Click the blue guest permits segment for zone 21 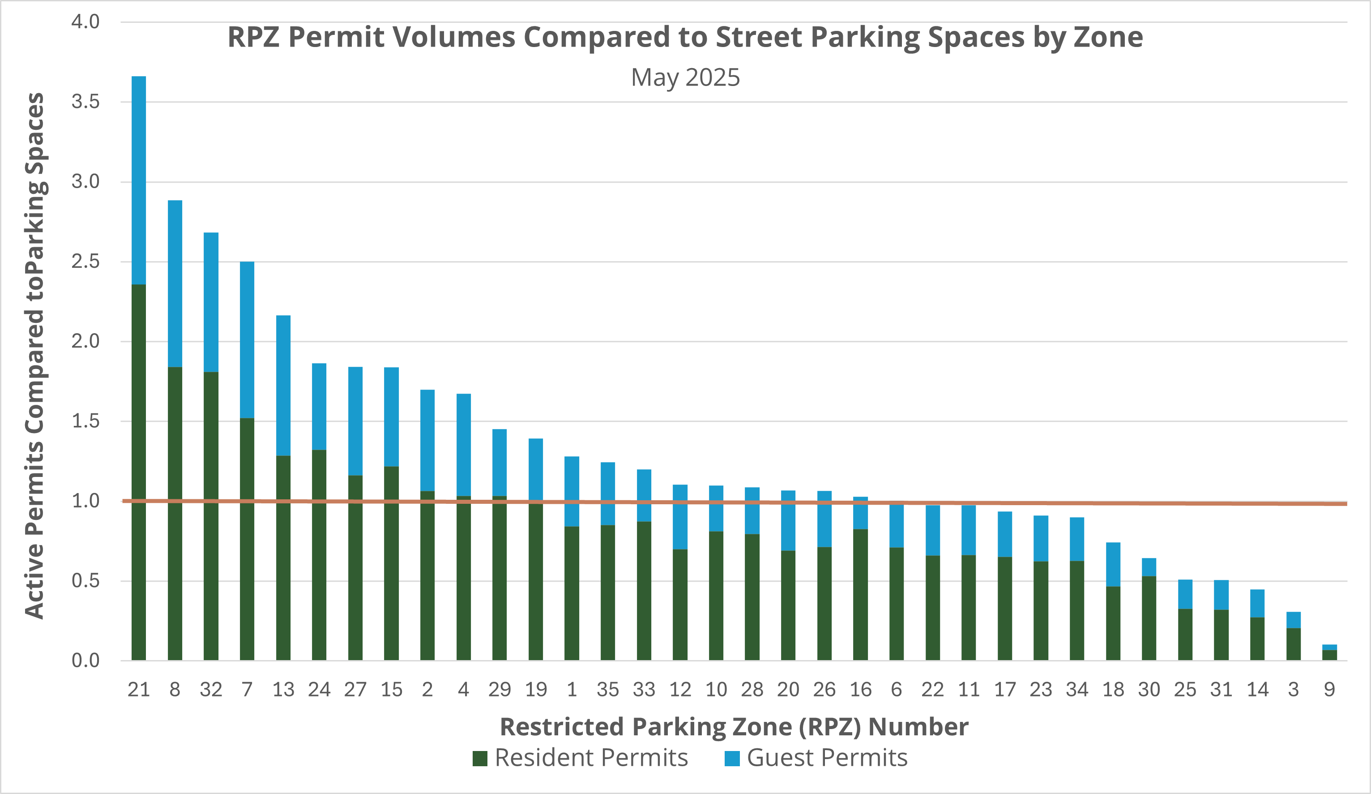[x=139, y=180]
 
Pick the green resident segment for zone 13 [x=283, y=558]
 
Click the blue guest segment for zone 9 [x=1329, y=648]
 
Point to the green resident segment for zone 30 [x=1149, y=618]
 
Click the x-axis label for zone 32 [x=211, y=690]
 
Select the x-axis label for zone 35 [x=608, y=690]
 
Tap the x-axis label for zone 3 [x=1293, y=690]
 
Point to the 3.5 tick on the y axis [x=85, y=102]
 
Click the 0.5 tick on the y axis [x=85, y=581]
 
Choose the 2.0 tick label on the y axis [x=85, y=341]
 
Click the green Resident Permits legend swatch [x=480, y=758]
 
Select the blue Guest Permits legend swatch [x=732, y=758]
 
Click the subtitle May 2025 [x=685, y=77]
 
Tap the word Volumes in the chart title [x=454, y=37]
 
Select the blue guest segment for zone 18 [x=1113, y=564]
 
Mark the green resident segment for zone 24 [x=319, y=555]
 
